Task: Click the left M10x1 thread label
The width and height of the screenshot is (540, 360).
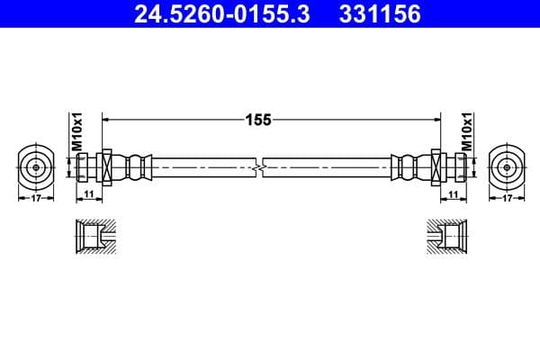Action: (76, 131)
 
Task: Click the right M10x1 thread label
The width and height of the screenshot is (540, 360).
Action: (466, 131)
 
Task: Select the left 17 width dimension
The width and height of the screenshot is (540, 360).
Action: (36, 198)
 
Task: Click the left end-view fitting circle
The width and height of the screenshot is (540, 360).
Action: (36, 166)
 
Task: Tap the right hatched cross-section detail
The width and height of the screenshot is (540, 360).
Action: (447, 238)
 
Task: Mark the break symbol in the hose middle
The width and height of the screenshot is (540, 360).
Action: (259, 166)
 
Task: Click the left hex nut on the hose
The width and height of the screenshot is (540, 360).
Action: (105, 166)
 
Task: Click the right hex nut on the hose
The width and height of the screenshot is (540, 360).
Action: (437, 166)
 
